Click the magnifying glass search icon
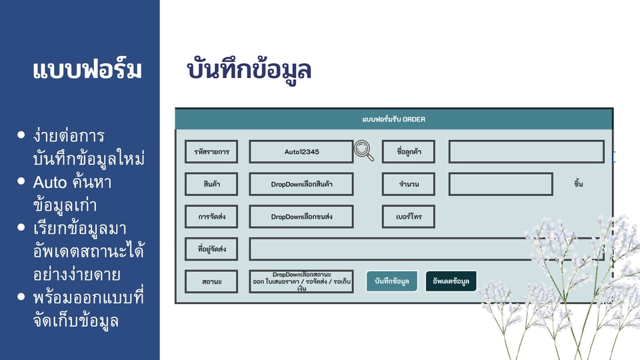pyautogui.click(x=363, y=151)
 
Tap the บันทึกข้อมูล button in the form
pyautogui.click(x=391, y=281)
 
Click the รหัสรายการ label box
pyautogui.click(x=211, y=152)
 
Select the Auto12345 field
pyautogui.click(x=301, y=152)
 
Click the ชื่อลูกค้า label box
pyautogui.click(x=408, y=152)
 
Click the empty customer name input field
pyautogui.click(x=526, y=152)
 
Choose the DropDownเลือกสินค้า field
pyautogui.click(x=301, y=184)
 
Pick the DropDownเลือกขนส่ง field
pyautogui.click(x=301, y=217)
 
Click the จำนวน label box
pyautogui.click(x=408, y=184)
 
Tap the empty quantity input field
pyautogui.click(x=501, y=184)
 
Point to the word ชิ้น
pyautogui.click(x=578, y=184)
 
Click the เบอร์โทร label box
pyautogui.click(x=408, y=217)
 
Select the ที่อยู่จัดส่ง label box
pyautogui.click(x=211, y=249)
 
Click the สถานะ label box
pyautogui.click(x=211, y=281)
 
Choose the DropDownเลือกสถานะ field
pyautogui.click(x=301, y=281)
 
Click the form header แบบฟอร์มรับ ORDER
pyautogui.click(x=393, y=119)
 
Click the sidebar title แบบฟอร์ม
pyautogui.click(x=87, y=70)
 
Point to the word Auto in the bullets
pyautogui.click(x=50, y=181)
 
